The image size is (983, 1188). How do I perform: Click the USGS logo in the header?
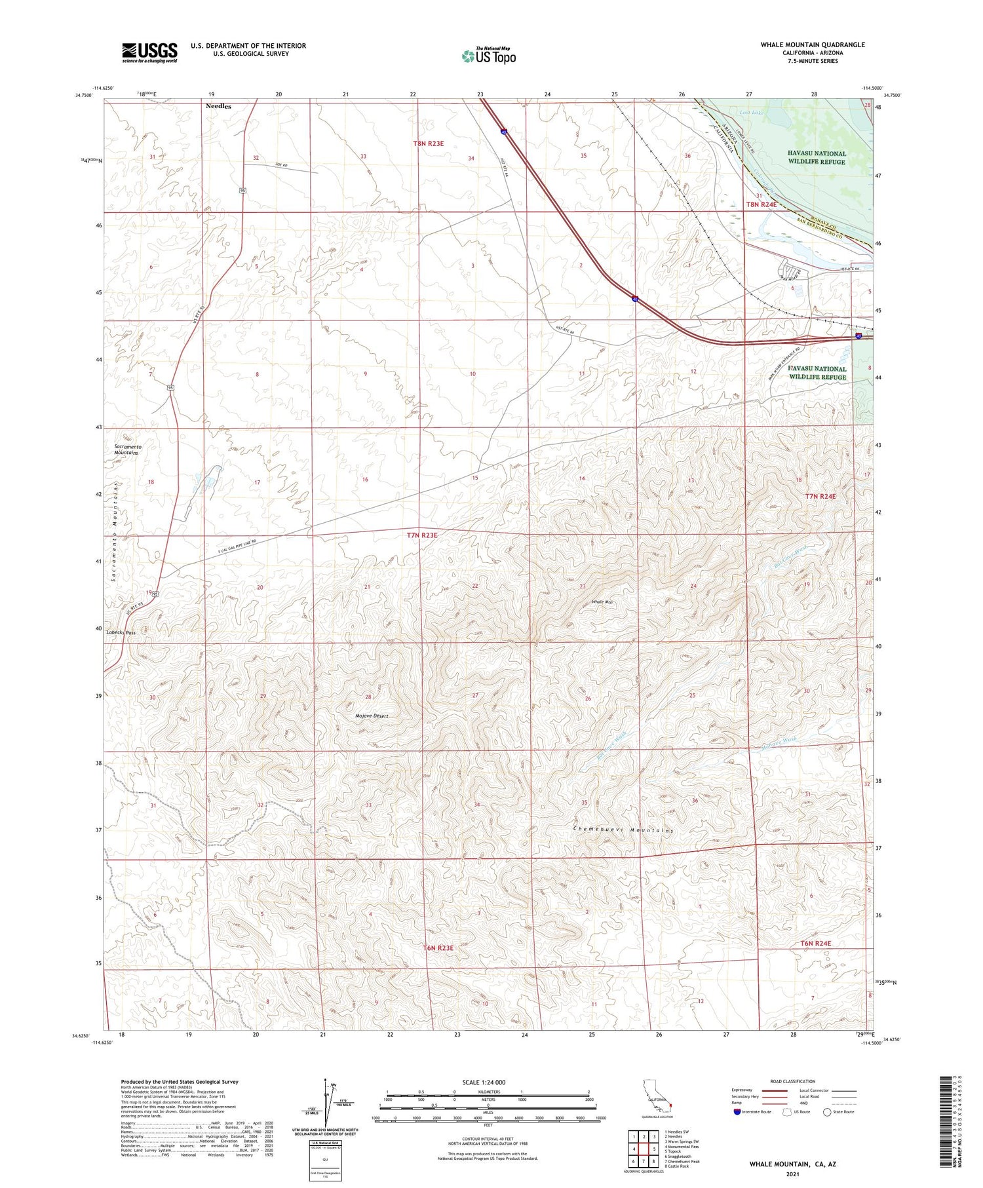149,52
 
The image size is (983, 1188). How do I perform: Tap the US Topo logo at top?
489,56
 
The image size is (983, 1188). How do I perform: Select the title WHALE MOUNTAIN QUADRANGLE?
813,45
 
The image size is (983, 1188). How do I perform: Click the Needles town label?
218,105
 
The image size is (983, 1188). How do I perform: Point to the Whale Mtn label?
602,602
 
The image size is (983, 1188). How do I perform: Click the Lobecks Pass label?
121,633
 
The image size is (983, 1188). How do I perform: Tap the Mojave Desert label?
372,716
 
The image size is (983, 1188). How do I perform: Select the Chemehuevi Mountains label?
623,830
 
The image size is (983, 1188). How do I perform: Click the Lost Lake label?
752,113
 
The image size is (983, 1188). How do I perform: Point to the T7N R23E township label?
421,535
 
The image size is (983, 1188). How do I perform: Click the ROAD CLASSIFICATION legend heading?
793,1081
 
